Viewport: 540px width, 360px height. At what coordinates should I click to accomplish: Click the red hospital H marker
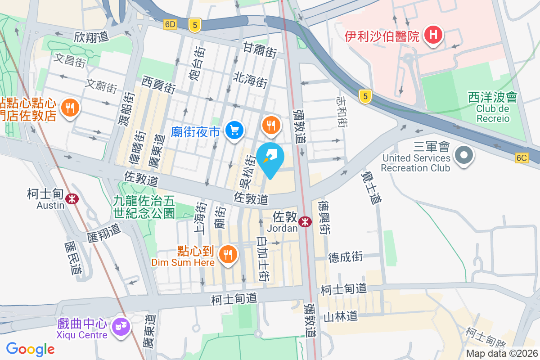tap(433, 35)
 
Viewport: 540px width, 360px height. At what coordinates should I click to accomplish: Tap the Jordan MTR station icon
tap(305, 221)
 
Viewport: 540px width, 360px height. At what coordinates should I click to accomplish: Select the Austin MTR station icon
tap(71, 198)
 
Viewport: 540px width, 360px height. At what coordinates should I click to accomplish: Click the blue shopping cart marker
tap(234, 130)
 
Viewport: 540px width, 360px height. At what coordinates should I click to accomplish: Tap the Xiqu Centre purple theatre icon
tap(121, 325)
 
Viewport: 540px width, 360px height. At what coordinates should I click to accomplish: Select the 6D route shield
tap(171, 25)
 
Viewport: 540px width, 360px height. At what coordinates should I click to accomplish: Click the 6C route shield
tap(521, 158)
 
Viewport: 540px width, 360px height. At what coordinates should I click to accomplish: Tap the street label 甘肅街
tap(260, 49)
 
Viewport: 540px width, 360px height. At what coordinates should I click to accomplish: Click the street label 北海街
tap(250, 81)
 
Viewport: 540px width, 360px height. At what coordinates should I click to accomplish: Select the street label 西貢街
tap(158, 84)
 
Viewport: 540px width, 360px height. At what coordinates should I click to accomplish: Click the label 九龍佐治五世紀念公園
tap(144, 206)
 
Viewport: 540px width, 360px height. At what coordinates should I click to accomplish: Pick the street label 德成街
tap(345, 257)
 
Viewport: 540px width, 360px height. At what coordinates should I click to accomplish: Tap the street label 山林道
tap(340, 316)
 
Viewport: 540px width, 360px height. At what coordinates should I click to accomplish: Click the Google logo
tap(31, 349)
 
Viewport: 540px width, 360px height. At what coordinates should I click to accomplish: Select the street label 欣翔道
tap(91, 36)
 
